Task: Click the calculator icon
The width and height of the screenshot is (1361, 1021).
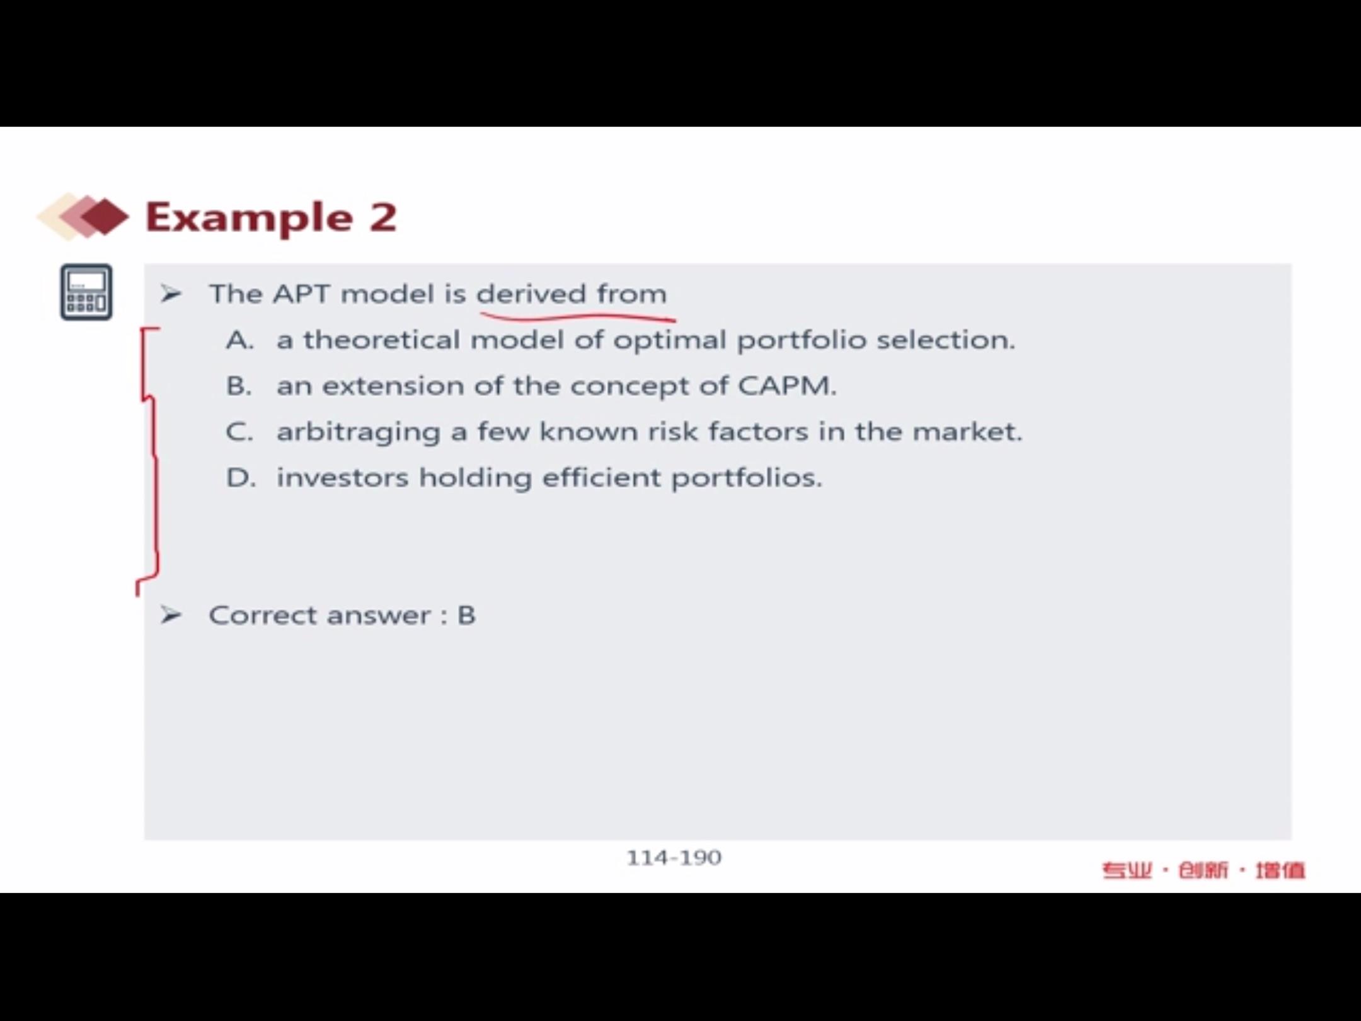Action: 86,292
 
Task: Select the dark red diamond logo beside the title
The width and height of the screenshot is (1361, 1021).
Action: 105,216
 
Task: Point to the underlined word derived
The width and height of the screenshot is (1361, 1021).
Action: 532,294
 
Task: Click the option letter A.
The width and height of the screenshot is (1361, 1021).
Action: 240,340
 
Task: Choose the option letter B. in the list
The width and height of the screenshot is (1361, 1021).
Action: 239,386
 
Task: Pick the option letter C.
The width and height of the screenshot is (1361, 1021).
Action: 239,432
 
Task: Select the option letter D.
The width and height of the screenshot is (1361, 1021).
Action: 241,478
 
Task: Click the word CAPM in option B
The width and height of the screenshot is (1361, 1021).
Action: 787,386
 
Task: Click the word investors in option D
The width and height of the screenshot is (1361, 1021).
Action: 343,478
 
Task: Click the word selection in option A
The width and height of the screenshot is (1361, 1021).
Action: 946,340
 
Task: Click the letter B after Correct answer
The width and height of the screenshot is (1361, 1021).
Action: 466,616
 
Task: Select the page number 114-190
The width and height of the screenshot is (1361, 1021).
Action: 674,858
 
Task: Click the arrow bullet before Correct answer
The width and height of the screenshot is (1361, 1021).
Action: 171,614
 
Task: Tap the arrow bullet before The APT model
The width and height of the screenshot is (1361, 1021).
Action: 171,294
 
